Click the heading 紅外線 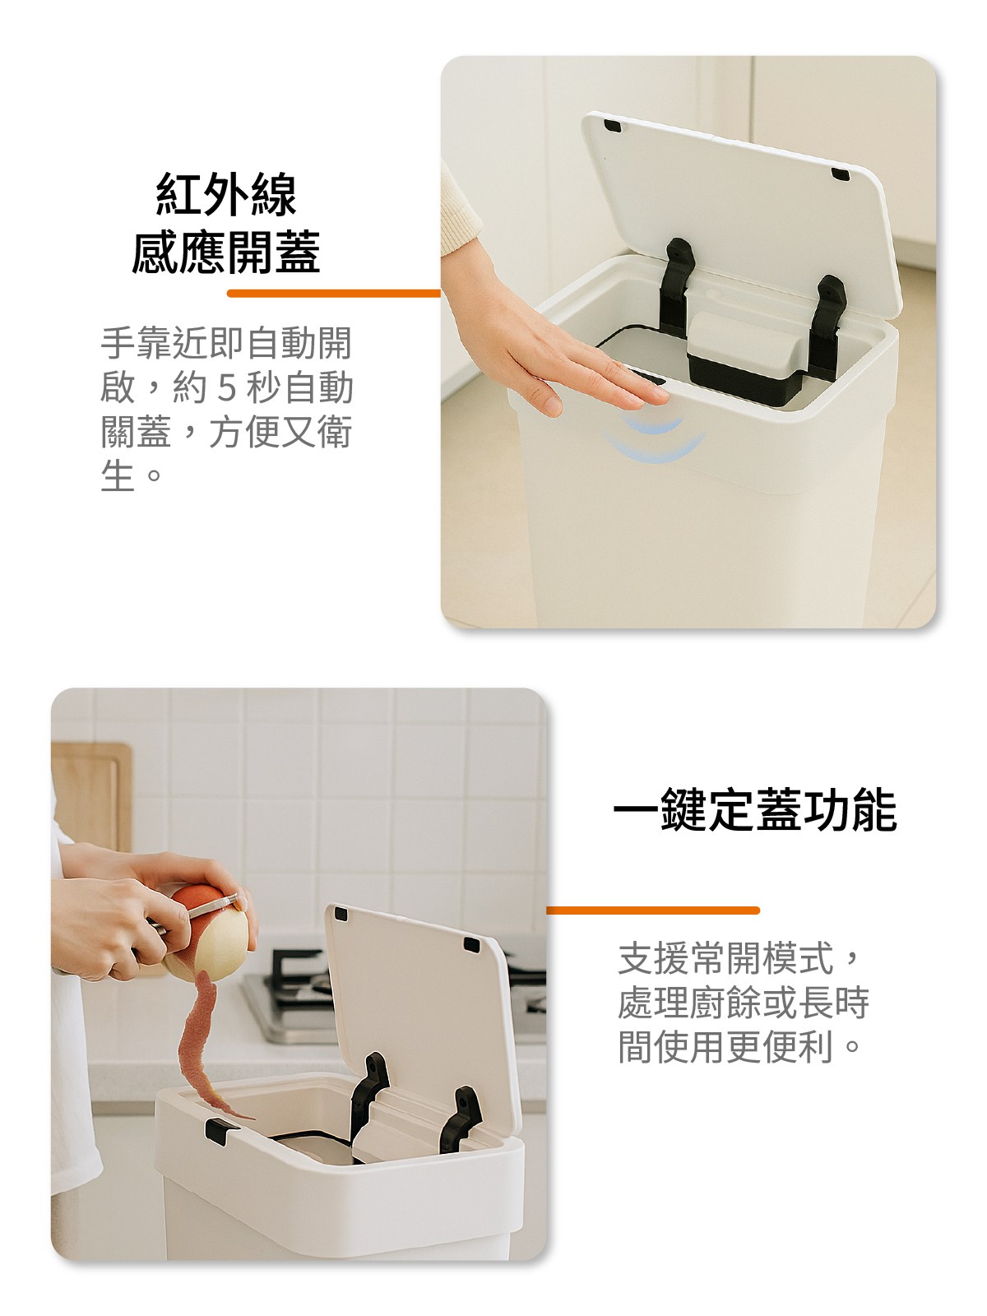point(226,194)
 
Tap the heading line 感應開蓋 point(226,253)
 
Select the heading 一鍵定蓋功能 point(755,810)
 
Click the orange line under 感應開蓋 point(334,293)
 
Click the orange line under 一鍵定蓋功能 point(652,911)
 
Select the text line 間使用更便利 point(725,1047)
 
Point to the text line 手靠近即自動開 point(226,343)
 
